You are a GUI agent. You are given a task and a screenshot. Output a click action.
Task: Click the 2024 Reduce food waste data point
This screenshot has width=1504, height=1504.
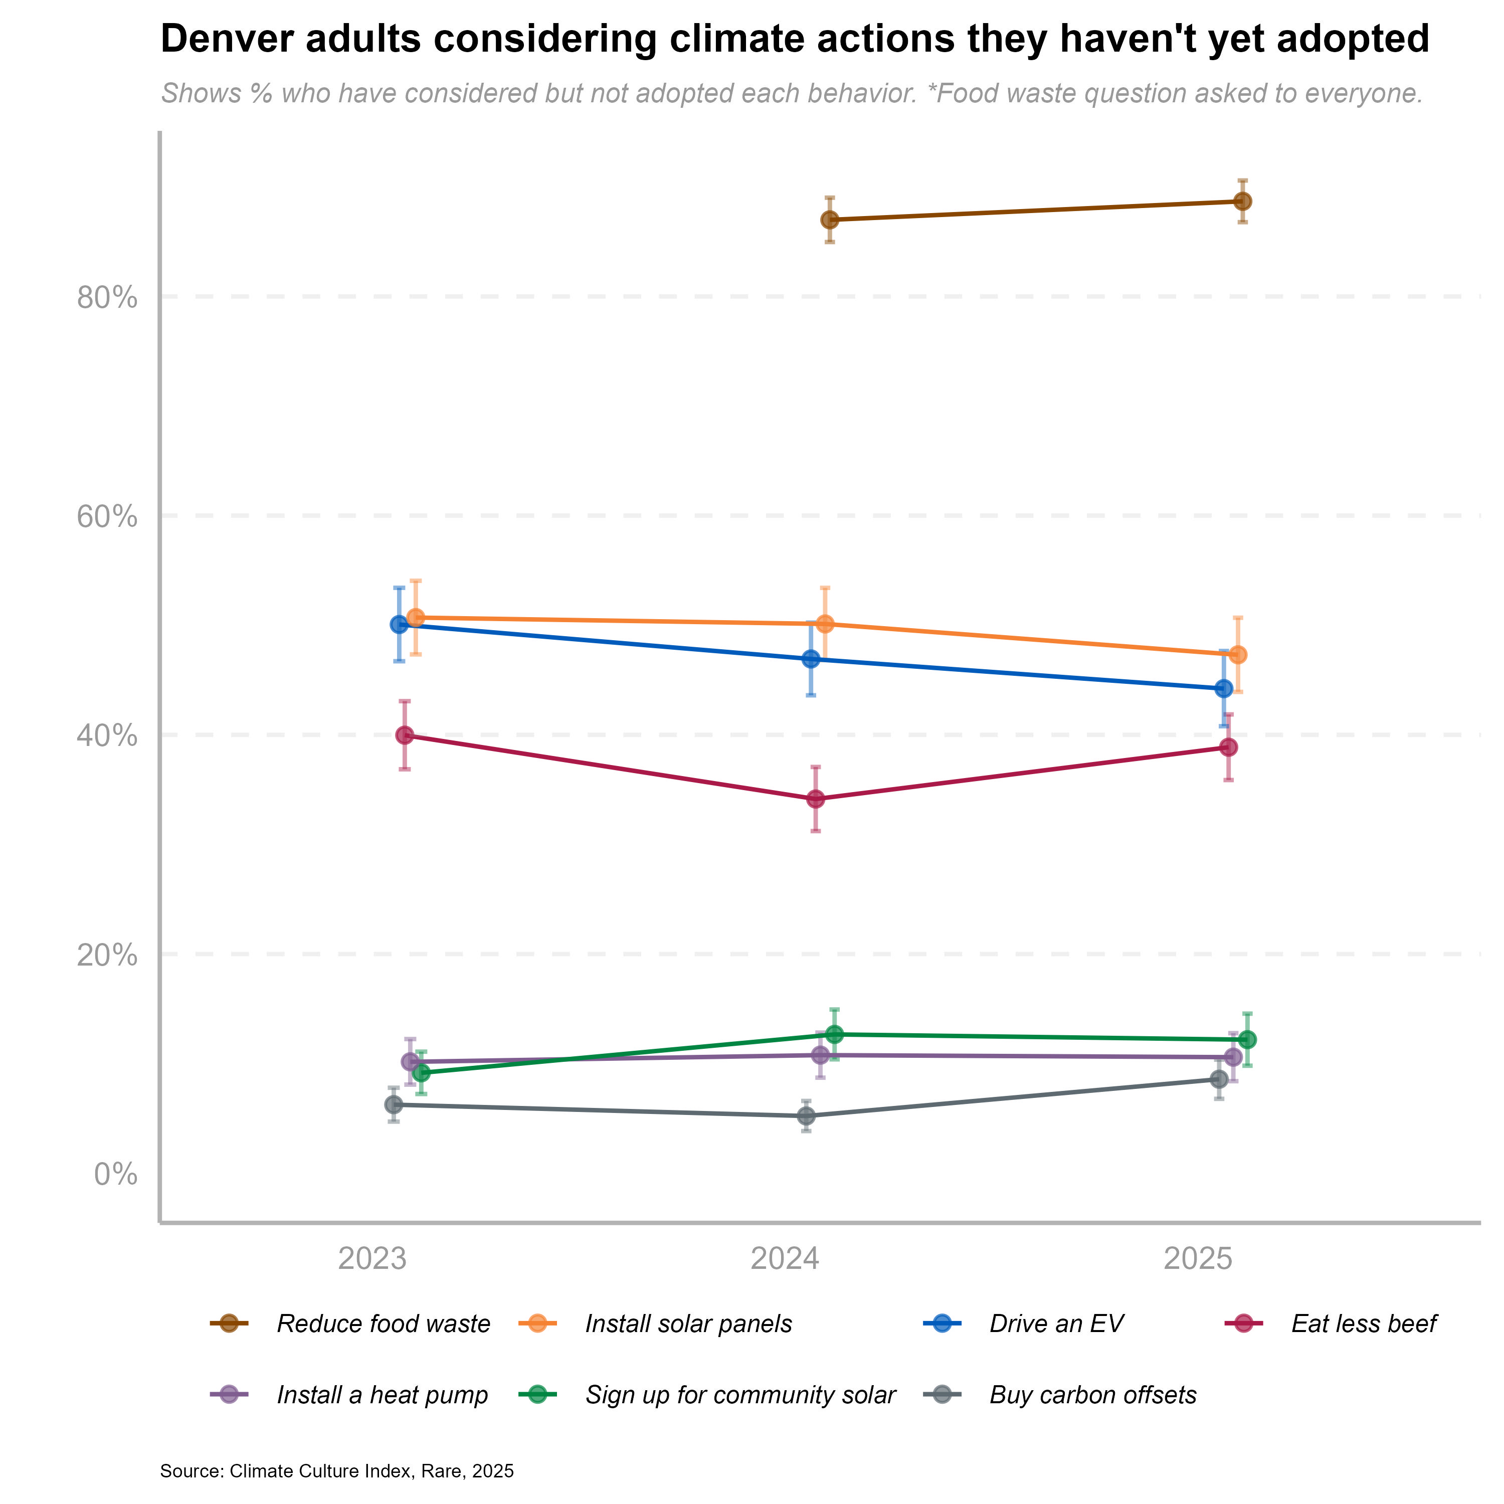click(830, 220)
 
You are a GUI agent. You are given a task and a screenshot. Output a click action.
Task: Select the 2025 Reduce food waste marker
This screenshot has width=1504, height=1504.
click(1243, 202)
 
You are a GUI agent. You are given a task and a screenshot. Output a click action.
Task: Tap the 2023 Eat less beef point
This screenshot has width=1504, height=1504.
click(405, 735)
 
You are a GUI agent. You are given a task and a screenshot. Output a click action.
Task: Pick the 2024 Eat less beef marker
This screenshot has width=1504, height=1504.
click(816, 799)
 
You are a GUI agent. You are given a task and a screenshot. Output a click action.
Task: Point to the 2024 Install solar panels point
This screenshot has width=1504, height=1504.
click(825, 624)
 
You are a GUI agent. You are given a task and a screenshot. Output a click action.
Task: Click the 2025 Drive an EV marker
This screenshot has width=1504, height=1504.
click(1224, 689)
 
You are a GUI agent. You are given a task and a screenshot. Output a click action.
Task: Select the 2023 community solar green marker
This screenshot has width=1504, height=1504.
click(421, 1073)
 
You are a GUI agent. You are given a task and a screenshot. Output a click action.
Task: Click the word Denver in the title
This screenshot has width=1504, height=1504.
click(226, 39)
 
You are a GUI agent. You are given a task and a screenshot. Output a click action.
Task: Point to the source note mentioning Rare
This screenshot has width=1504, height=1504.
click(336, 1471)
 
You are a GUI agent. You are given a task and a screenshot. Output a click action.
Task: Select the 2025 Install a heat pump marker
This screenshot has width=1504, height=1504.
click(1233, 1057)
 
